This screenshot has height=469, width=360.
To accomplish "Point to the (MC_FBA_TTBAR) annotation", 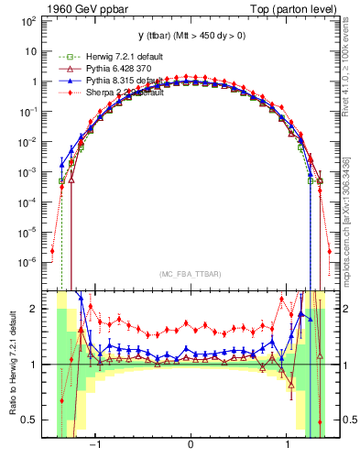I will click(190, 273).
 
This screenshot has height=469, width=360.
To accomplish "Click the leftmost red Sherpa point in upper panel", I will click(52, 250).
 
